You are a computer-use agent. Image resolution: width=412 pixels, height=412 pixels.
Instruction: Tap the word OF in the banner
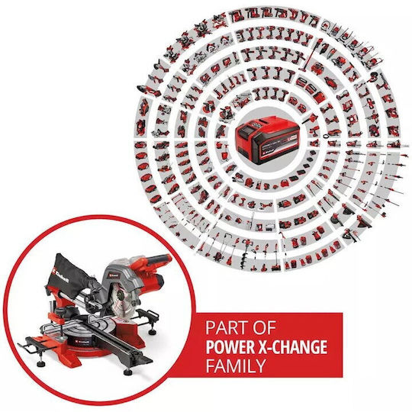tap(264, 327)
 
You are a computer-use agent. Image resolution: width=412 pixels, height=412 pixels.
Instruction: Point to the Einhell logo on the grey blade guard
tap(114, 275)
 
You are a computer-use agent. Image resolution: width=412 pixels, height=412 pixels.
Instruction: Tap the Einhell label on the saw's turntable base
tap(83, 342)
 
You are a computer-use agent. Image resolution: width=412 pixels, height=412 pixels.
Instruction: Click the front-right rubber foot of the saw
tap(127, 372)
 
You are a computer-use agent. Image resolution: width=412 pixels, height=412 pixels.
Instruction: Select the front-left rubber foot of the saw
tap(40, 364)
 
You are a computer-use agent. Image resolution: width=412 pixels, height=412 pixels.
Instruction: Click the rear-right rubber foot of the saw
tap(153, 333)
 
